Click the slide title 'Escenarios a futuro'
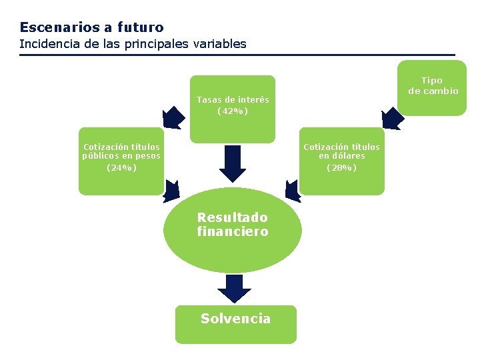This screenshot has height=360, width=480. pyautogui.click(x=91, y=27)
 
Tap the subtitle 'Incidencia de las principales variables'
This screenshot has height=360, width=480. pyautogui.click(x=133, y=44)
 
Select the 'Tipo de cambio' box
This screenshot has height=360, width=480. pyautogui.click(x=433, y=86)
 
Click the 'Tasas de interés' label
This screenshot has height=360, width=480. pyautogui.click(x=233, y=99)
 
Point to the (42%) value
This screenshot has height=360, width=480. pyautogui.click(x=233, y=111)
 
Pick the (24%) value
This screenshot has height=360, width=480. pyautogui.click(x=121, y=167)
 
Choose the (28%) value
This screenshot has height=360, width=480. pyautogui.click(x=341, y=167)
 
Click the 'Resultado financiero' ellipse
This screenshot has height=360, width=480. pyautogui.click(x=233, y=230)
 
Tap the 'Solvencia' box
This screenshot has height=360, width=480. pyautogui.click(x=235, y=323)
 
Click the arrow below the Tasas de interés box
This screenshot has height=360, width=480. pyautogui.click(x=233, y=163)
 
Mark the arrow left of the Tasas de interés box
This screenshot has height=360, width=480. pyautogui.click(x=174, y=117)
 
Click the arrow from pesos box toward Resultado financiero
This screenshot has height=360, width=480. pyautogui.click(x=171, y=191)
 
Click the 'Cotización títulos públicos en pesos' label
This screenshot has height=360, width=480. pyautogui.click(x=121, y=151)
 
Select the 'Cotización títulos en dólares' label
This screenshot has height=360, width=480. pyautogui.click(x=341, y=151)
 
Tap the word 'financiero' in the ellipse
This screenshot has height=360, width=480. pyautogui.click(x=233, y=232)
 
